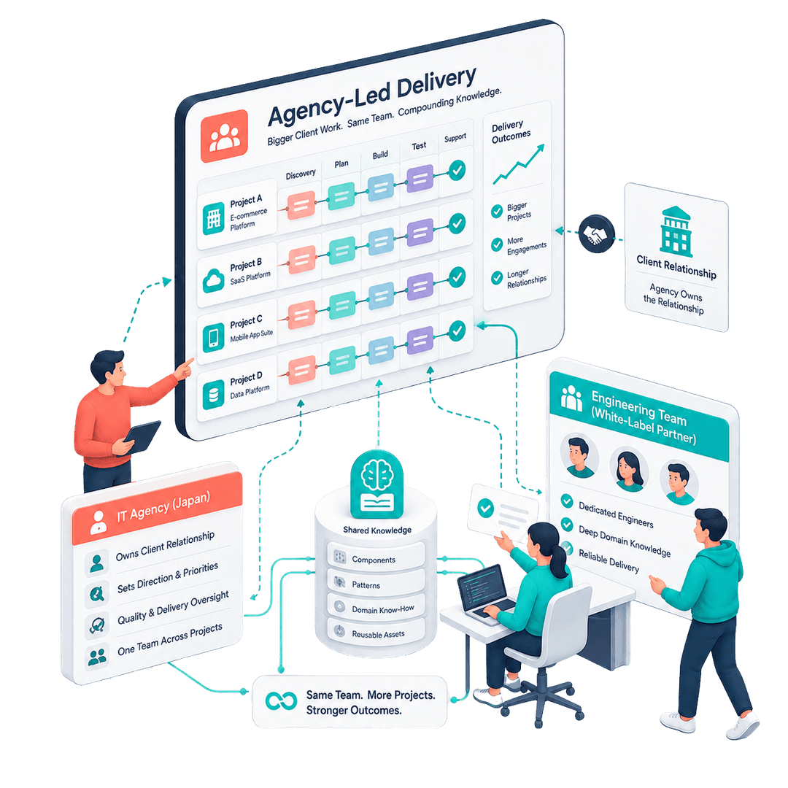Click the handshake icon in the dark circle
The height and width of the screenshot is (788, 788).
click(x=597, y=233)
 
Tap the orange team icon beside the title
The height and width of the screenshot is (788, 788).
click(x=224, y=136)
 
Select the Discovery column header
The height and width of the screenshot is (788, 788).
click(x=301, y=174)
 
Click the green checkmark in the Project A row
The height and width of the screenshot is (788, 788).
click(x=457, y=170)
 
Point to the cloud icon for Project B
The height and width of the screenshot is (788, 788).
click(x=214, y=280)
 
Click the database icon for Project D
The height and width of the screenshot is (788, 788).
click(x=214, y=395)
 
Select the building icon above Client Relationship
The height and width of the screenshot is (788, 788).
click(x=676, y=232)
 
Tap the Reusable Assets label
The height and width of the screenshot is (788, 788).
click(x=378, y=634)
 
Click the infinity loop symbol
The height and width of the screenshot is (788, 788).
click(x=282, y=700)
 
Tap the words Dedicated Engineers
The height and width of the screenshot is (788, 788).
click(x=616, y=515)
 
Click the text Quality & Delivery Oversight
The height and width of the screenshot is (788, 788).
click(x=173, y=607)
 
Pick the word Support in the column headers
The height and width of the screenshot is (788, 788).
click(x=455, y=137)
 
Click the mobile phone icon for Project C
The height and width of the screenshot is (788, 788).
click(x=214, y=337)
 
